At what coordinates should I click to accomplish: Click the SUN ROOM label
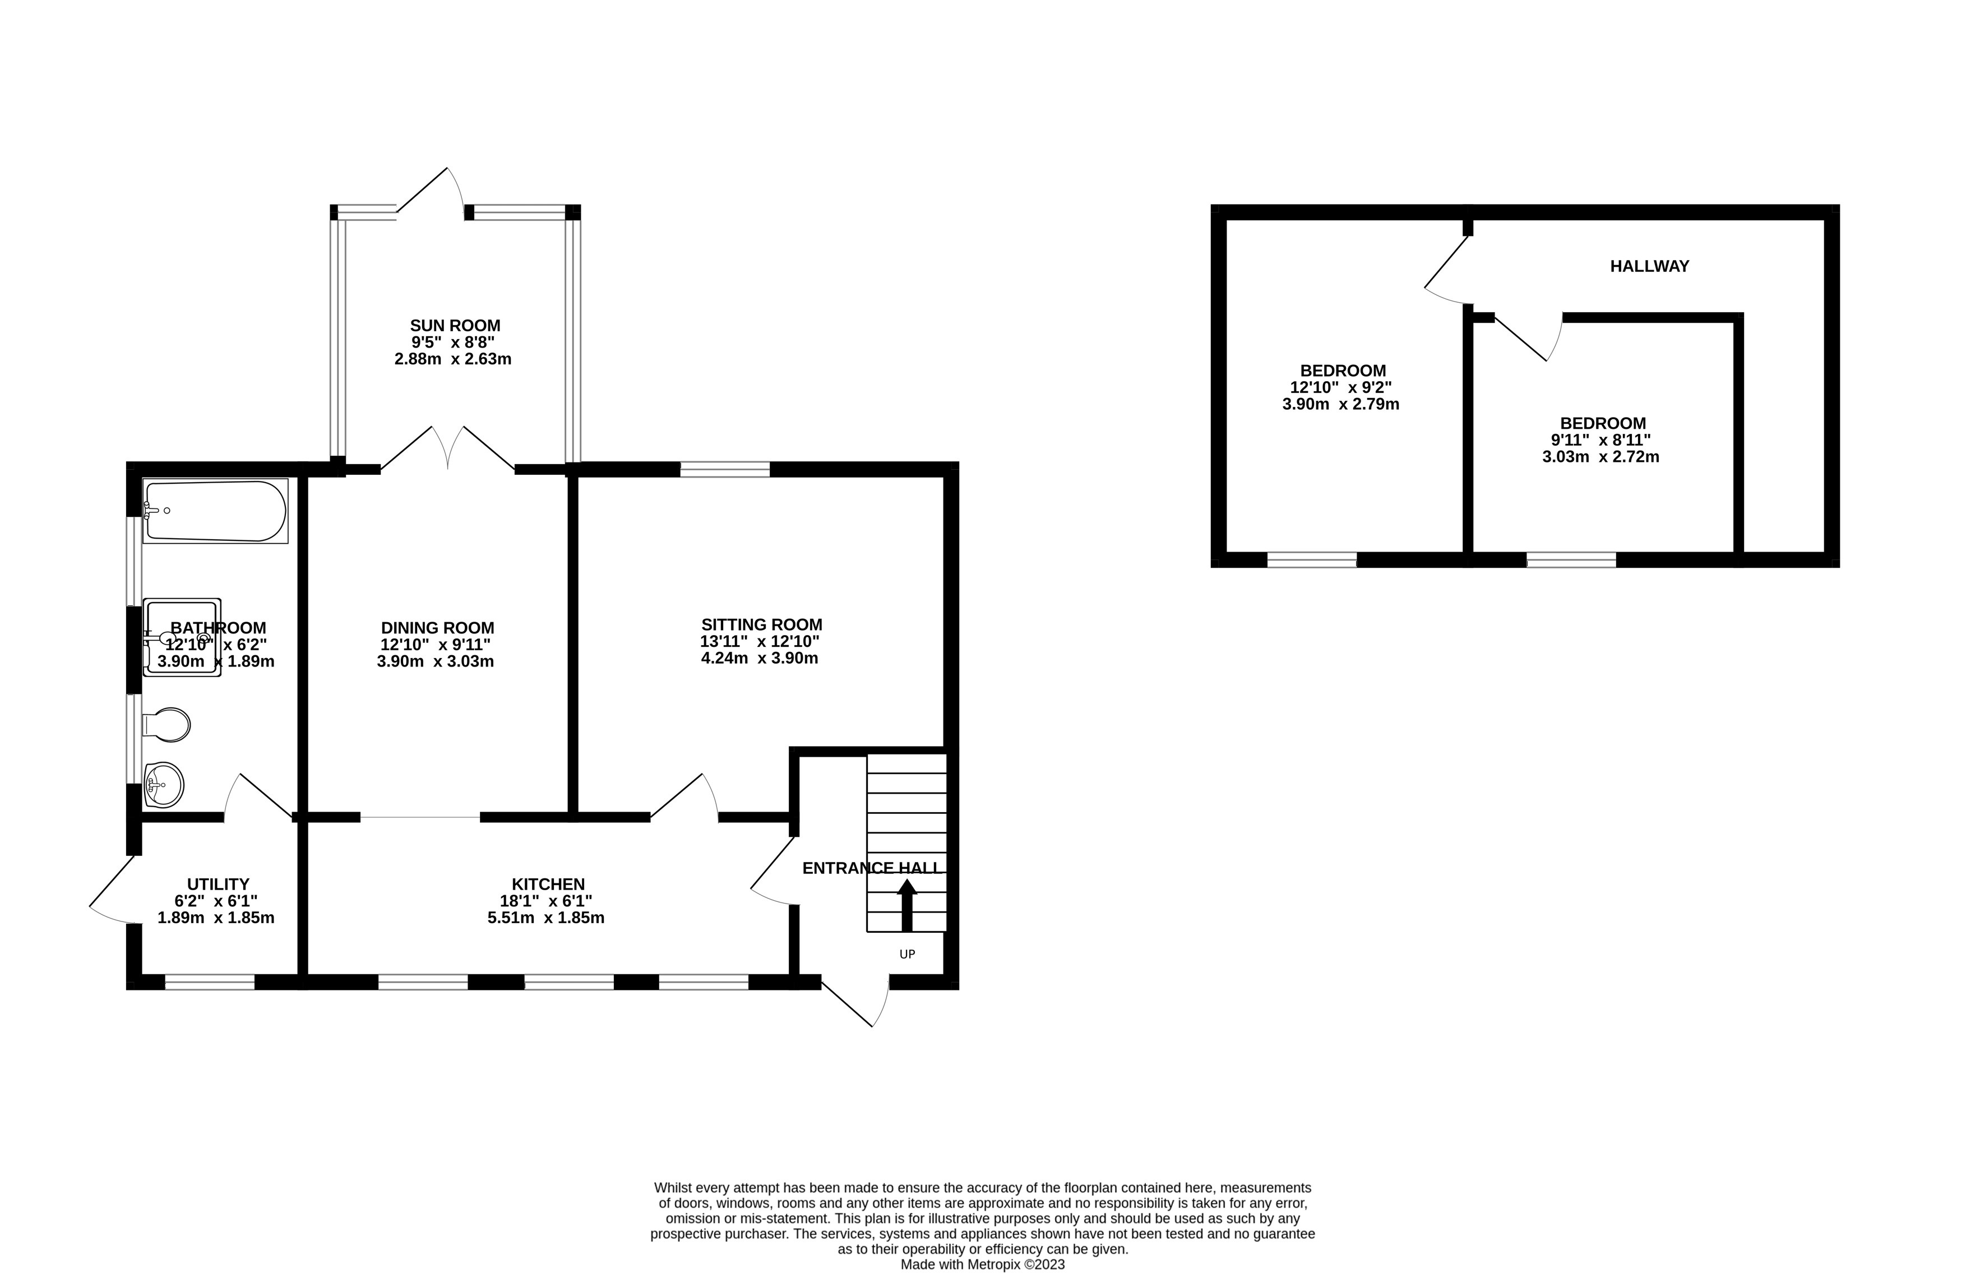point(455,326)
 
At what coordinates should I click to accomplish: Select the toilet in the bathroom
point(168,724)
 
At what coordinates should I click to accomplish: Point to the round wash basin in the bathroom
point(164,784)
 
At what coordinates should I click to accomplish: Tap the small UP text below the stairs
point(907,954)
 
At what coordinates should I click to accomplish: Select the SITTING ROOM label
point(762,624)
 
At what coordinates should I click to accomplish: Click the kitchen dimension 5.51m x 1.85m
point(546,918)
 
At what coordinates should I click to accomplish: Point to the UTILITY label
point(218,885)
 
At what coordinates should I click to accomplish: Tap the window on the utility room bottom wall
point(210,982)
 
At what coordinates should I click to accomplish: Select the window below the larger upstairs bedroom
point(1312,560)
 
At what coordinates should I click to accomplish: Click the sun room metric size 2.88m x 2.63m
point(452,359)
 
